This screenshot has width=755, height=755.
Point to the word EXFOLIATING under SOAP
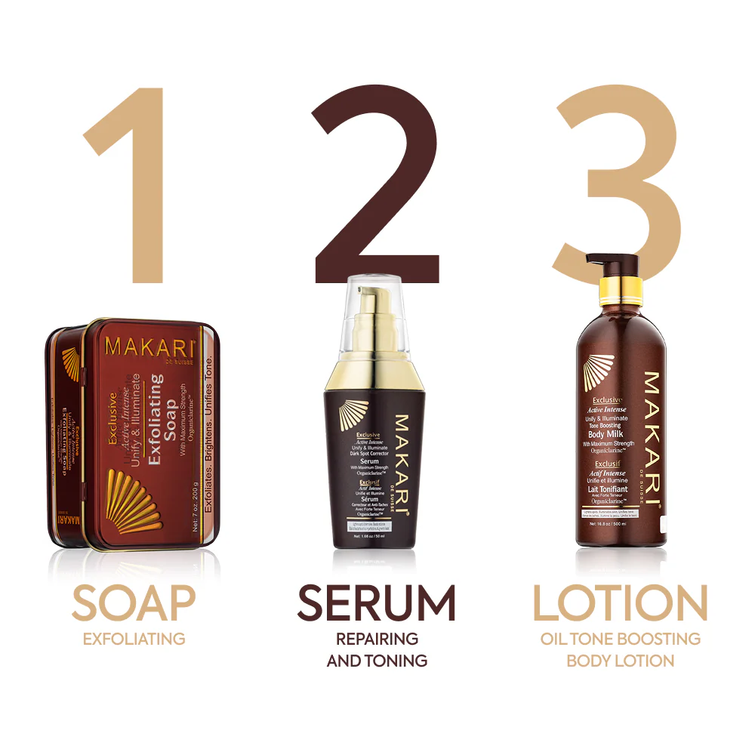[134, 639]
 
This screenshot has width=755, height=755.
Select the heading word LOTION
[620, 603]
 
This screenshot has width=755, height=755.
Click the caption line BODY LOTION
[620, 661]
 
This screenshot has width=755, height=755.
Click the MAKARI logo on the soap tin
[150, 347]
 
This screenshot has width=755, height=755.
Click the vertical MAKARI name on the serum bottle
[402, 464]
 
